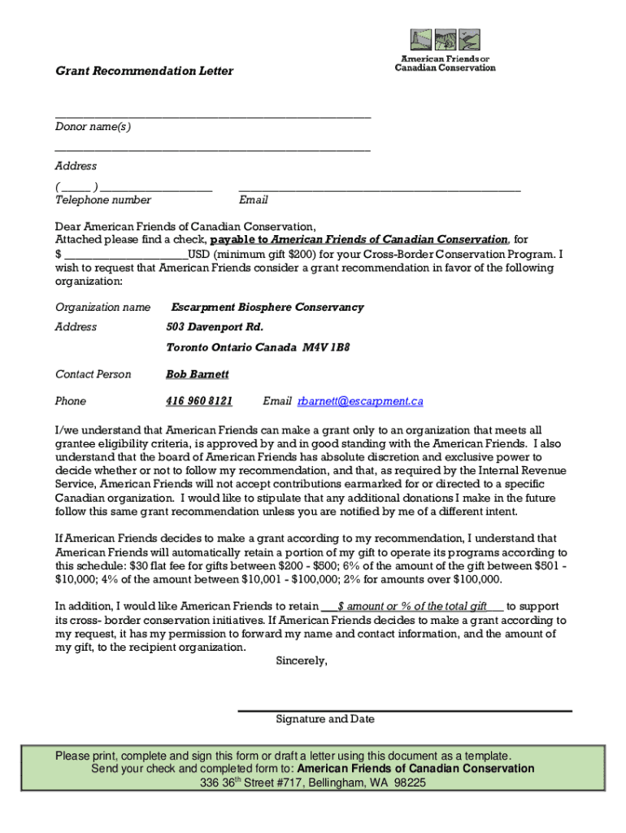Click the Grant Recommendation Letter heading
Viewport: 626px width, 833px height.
(x=144, y=72)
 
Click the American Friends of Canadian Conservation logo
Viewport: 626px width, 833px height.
(x=445, y=50)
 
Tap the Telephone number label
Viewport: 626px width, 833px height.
(x=103, y=200)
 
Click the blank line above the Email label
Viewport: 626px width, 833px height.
(x=379, y=189)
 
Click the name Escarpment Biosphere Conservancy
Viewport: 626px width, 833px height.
(x=267, y=307)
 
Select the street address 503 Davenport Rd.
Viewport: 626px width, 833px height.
(x=215, y=327)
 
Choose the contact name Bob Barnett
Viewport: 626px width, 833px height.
(x=198, y=374)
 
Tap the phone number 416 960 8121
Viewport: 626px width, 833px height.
(x=199, y=401)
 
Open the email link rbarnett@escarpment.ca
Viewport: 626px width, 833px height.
(x=360, y=401)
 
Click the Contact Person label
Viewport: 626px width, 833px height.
(x=93, y=374)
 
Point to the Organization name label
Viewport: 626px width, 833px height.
(x=102, y=307)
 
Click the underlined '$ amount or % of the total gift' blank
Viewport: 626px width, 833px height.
(x=413, y=606)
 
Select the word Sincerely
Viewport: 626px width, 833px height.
(x=302, y=661)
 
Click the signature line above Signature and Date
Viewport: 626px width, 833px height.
(x=404, y=710)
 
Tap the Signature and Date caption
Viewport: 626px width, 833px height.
(x=325, y=719)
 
